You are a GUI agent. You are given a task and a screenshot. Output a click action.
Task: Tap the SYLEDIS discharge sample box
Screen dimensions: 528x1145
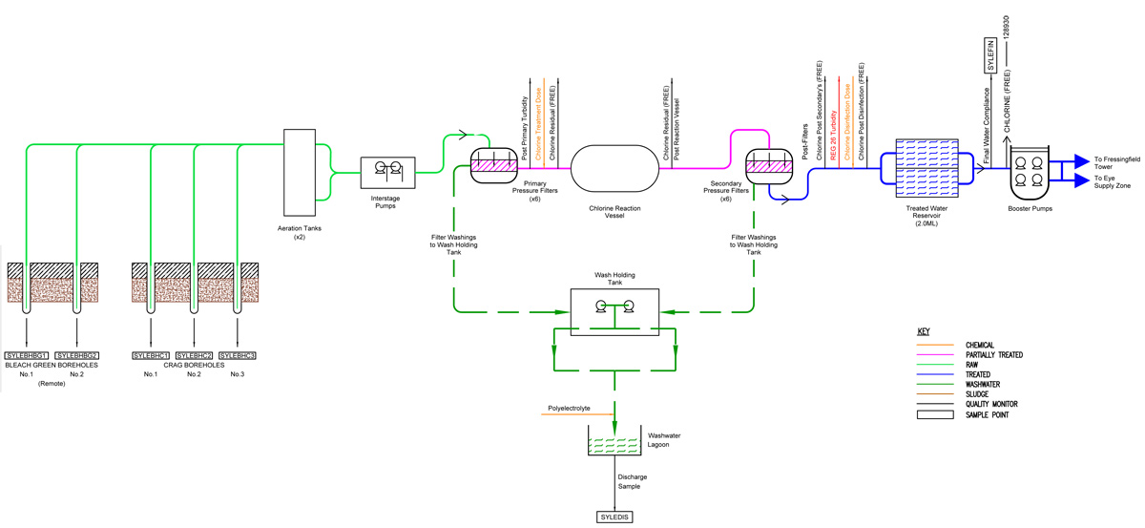613,517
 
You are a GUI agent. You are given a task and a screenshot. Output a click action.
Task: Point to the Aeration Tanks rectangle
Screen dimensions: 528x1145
300,172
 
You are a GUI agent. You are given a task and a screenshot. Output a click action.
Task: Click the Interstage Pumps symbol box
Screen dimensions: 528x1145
387,172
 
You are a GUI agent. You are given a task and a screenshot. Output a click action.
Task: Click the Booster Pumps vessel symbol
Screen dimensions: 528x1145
1030,170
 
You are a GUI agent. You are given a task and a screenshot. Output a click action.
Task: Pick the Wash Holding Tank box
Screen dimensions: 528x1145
614,307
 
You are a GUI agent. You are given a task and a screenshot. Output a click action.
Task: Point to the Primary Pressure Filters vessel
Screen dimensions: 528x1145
494,164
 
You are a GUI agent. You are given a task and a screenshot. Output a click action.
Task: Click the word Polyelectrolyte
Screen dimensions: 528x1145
570,409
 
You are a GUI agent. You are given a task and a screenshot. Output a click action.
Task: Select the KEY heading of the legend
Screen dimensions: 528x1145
923,331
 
